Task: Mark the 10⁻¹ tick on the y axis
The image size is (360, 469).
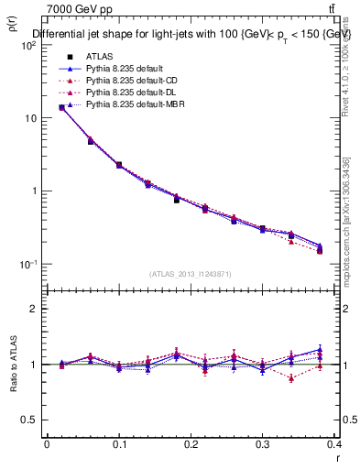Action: coord(27,264)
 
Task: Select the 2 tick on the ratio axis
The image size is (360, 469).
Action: coord(35,309)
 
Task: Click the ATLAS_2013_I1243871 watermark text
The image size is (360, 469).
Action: coord(191,274)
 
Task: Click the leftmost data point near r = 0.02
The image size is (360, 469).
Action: coord(61,107)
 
